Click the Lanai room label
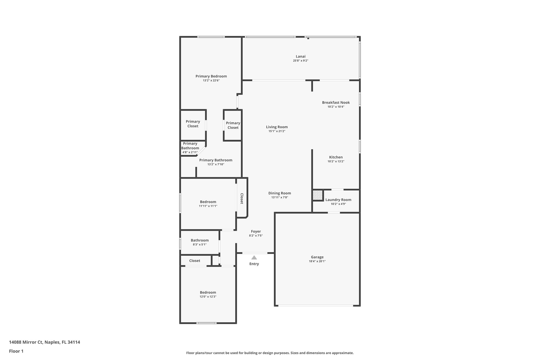301,56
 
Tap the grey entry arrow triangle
254,258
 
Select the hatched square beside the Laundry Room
318,195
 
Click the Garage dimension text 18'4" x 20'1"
317,261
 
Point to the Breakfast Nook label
336,102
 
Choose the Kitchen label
336,157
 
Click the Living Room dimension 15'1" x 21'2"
277,131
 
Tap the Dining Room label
279,193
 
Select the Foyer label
256,231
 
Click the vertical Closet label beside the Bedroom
242,198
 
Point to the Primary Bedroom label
211,76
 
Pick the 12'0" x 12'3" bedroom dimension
208,296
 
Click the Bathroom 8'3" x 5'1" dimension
200,244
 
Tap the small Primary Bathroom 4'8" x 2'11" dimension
190,152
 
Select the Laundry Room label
338,200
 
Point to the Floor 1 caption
16,351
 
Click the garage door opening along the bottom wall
316,306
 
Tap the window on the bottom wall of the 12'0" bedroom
206,323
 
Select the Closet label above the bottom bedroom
195,261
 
